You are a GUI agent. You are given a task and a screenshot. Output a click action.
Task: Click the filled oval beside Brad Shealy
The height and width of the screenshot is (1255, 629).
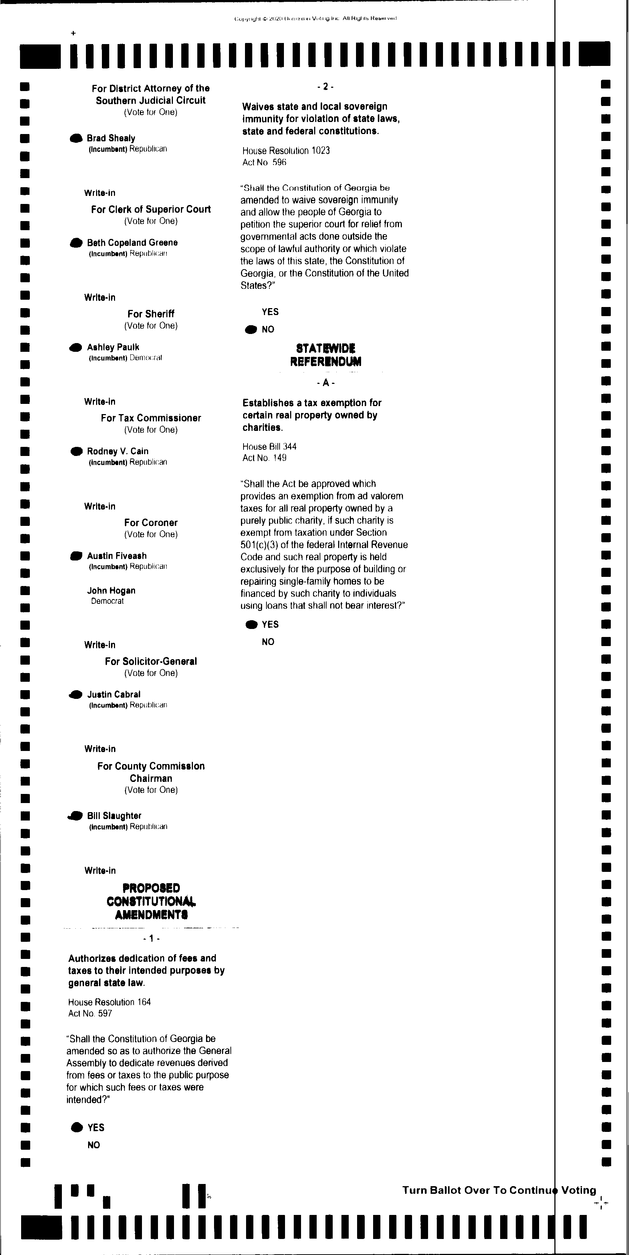pos(76,139)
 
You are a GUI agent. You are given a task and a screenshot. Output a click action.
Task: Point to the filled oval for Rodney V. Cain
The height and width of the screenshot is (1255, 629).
pos(76,452)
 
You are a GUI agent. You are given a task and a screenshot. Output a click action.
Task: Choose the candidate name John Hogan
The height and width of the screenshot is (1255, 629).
pos(111,590)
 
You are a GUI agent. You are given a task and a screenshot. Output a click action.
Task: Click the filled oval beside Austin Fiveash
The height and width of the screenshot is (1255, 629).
pos(76,556)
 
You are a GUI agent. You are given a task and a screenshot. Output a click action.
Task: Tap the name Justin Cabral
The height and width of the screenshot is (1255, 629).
pos(114,694)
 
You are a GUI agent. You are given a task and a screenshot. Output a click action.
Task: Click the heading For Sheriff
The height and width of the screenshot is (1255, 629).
pos(151,314)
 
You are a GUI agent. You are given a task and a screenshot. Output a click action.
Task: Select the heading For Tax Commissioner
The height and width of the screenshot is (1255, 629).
pos(151,418)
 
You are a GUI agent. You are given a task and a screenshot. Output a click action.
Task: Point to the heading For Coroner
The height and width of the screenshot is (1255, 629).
pos(151,523)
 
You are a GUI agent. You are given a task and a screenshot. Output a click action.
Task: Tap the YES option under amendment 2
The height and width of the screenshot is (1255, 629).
pos(270,312)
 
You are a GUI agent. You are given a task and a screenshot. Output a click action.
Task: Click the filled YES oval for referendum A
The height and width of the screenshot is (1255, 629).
pos(251,625)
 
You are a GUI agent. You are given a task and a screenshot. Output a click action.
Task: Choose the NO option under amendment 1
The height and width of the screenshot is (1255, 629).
pos(94,1145)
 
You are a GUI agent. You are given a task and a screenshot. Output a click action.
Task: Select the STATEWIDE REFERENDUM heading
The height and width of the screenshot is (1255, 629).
pos(326,355)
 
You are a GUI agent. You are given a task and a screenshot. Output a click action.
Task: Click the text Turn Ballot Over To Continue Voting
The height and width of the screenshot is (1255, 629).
pos(499,1191)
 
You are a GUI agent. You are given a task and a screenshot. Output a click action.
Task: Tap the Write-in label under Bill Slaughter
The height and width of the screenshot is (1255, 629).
pos(100,871)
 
